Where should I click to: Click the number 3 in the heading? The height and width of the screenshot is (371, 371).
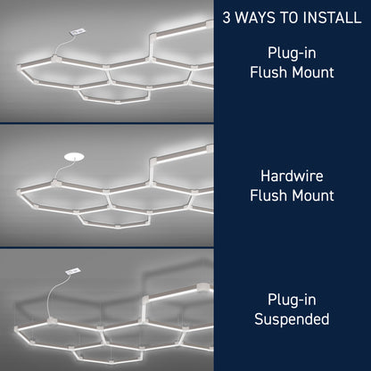tap(227, 17)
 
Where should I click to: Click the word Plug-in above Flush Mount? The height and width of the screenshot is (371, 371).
tap(292, 53)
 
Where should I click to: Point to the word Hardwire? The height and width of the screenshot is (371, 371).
tap(292, 176)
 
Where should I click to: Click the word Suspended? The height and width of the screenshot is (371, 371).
tap(292, 319)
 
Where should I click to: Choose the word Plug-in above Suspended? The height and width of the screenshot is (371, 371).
tap(292, 300)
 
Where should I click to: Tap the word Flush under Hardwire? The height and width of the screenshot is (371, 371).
tap(268, 195)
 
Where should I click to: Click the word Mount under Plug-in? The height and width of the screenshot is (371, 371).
tap(313, 72)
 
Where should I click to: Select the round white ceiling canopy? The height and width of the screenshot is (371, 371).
tap(74, 157)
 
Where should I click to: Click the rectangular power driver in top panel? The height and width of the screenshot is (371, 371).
tap(78, 31)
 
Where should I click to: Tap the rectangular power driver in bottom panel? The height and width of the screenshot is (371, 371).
tap(73, 271)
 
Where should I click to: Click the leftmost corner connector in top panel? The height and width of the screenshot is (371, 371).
tap(20, 68)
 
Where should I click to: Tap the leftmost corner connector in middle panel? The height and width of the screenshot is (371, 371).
tap(20, 193)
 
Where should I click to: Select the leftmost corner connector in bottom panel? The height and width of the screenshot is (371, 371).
tap(17, 330)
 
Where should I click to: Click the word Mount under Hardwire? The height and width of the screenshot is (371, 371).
tap(313, 195)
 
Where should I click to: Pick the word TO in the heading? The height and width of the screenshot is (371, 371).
tap(289, 17)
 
